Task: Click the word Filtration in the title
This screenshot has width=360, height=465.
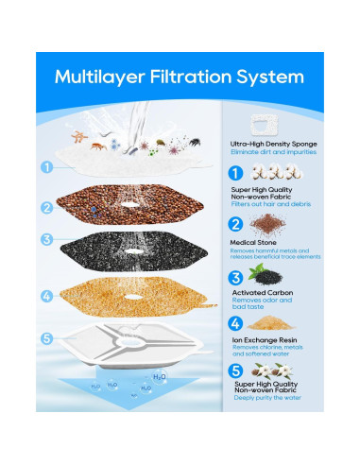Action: pos(195,76)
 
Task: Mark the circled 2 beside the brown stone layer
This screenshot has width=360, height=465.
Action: pos(46,208)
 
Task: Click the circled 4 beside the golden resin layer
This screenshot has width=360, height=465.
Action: pos(46,296)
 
